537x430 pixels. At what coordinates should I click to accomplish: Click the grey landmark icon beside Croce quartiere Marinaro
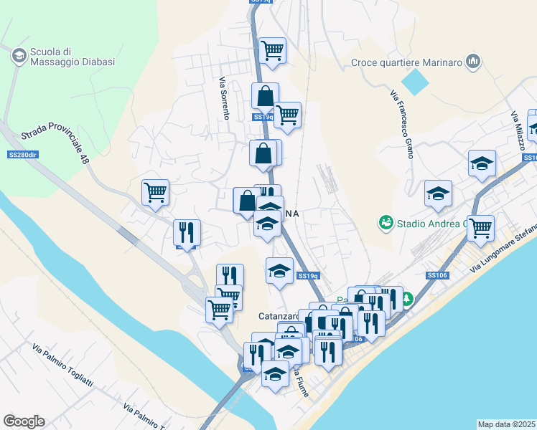tap(472, 62)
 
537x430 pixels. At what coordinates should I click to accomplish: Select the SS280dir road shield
tap(22, 155)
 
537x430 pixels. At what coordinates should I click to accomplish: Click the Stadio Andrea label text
tap(428, 224)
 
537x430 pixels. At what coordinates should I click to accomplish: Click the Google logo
tap(24, 421)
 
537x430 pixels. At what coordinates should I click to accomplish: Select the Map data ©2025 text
tap(506, 424)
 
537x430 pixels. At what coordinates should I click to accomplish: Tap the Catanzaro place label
tap(279, 315)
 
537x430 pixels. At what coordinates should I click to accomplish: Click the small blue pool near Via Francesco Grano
tap(414, 81)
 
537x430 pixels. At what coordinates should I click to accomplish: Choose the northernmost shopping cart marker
tap(272, 51)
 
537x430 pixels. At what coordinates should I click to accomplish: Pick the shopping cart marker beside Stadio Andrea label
tap(480, 228)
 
